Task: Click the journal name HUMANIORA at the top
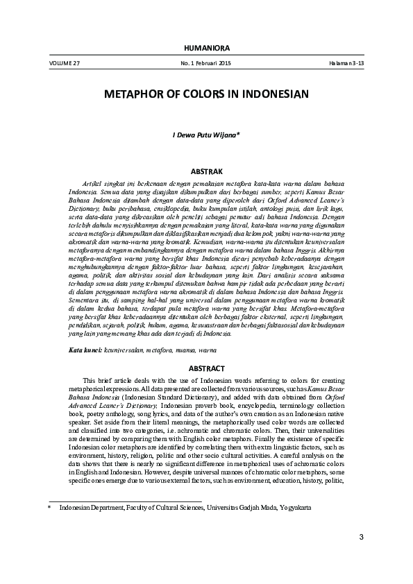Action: point(206,47)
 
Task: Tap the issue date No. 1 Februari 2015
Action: point(205,63)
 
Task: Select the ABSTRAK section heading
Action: point(206,170)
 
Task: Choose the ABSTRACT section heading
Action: point(206,368)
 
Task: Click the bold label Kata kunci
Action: point(85,352)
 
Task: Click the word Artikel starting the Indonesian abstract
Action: point(94,181)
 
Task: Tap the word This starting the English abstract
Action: point(90,380)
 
